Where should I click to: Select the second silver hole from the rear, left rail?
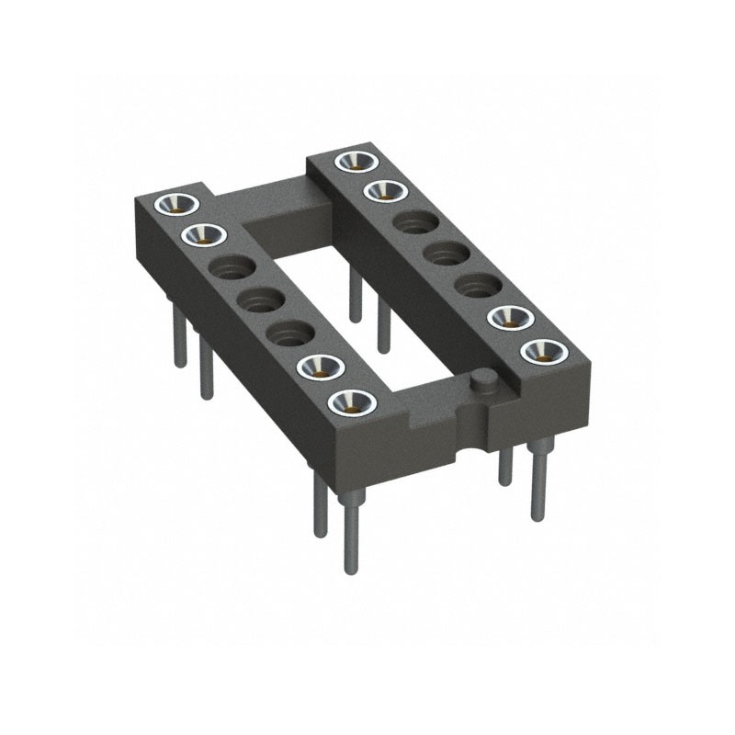208,234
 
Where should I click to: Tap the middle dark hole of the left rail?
259,299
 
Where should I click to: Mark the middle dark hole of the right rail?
445,252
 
